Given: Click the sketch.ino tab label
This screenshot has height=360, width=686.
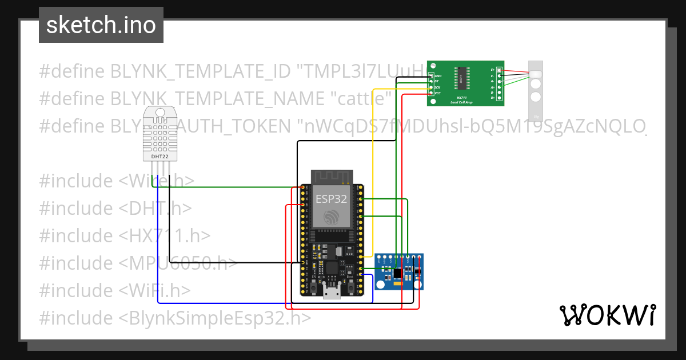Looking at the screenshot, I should coord(101,25).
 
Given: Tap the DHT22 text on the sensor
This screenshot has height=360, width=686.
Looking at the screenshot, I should coord(160,156).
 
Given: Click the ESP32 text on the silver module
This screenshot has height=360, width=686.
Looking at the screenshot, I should coord(331,198).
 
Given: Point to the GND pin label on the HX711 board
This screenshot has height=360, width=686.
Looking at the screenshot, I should coord(438,76).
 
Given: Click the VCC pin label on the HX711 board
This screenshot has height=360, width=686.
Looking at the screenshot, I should coord(437,93).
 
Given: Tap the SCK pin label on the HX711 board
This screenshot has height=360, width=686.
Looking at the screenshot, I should coord(437,87).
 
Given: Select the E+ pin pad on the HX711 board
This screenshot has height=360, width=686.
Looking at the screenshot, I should coord(500,70).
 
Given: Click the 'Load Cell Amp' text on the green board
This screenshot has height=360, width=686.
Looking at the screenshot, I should coord(461,102).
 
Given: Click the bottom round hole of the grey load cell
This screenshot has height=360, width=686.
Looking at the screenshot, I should coord(536,97).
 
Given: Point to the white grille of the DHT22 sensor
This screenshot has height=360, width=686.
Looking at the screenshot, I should coord(160,132).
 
